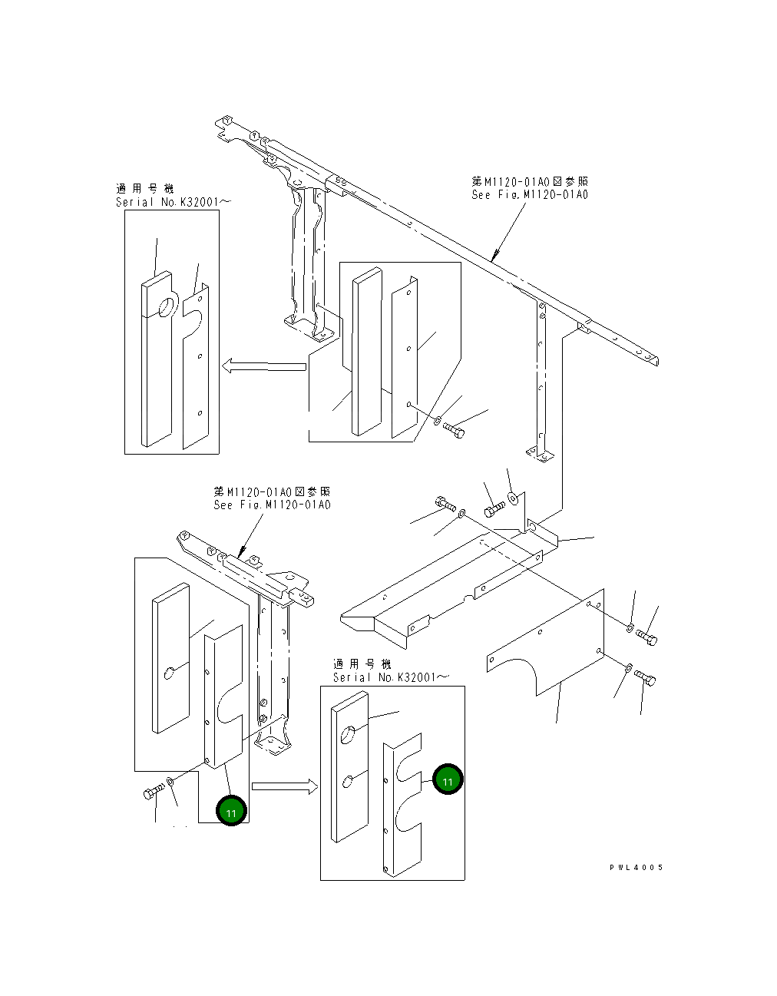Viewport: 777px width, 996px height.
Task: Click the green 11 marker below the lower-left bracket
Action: point(231,811)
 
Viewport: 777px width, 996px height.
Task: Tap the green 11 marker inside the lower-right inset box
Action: point(448,780)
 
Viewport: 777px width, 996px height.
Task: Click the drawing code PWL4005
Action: point(636,867)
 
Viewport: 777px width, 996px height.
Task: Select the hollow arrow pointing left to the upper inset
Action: point(263,366)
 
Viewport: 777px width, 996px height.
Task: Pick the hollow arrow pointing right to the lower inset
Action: point(284,786)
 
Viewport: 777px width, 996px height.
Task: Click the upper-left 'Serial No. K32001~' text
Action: point(173,202)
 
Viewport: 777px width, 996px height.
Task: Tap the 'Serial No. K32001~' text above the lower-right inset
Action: point(391,677)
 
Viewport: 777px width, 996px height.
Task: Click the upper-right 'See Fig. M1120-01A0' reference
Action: point(530,195)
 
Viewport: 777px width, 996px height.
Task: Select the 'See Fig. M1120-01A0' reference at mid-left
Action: point(272,505)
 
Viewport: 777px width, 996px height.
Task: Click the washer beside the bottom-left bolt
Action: point(170,783)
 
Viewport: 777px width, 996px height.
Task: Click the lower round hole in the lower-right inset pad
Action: point(347,782)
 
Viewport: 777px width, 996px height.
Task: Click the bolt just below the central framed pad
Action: point(454,431)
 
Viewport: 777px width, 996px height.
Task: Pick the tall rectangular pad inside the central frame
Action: point(366,353)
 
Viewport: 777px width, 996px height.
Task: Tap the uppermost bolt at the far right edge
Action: point(646,637)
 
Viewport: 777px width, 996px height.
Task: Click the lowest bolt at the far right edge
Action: point(645,678)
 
